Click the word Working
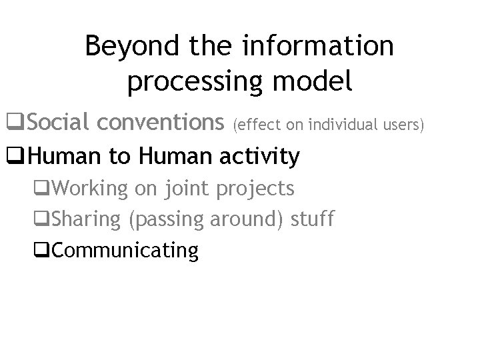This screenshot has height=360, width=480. click(x=89, y=189)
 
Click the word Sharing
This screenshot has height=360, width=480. click(x=85, y=219)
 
